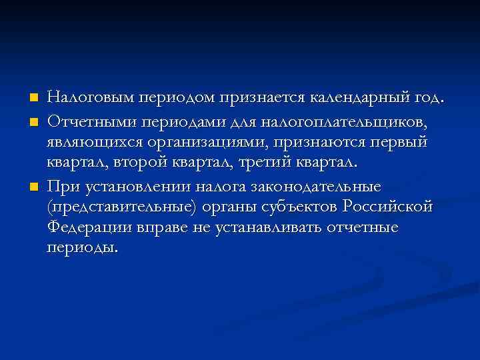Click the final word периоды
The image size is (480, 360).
(83, 248)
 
